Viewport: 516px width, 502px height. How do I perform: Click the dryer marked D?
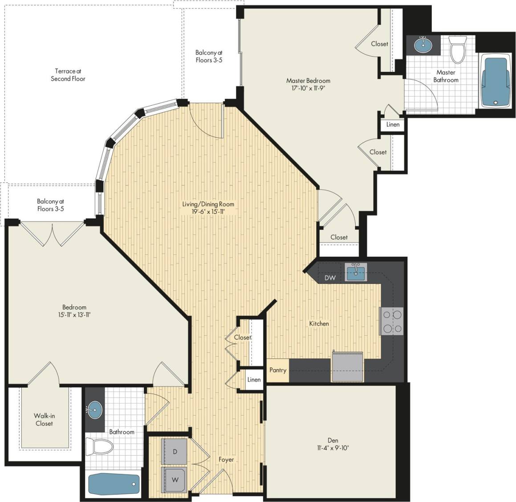point(175,452)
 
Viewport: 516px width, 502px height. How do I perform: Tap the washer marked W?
point(175,480)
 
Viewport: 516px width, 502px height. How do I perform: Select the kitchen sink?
point(356,272)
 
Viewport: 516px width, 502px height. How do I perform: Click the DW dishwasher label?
point(330,278)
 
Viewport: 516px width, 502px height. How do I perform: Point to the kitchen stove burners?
point(392,321)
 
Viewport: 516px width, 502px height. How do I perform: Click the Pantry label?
point(278,370)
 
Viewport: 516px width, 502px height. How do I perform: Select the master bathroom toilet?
point(457,49)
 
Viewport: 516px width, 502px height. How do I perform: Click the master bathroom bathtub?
point(496,80)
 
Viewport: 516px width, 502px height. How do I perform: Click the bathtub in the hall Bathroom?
point(114,484)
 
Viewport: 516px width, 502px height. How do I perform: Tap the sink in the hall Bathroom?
point(94,408)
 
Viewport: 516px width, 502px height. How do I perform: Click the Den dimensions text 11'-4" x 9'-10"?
point(330,448)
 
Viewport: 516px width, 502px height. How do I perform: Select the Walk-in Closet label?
point(44,420)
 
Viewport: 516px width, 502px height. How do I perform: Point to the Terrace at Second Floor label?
point(68,75)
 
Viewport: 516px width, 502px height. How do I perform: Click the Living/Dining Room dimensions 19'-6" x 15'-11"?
point(208,212)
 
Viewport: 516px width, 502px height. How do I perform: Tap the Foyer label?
point(226,459)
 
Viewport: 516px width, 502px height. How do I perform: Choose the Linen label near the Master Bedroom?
point(393,124)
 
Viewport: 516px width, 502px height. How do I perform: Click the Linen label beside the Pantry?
point(254,380)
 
